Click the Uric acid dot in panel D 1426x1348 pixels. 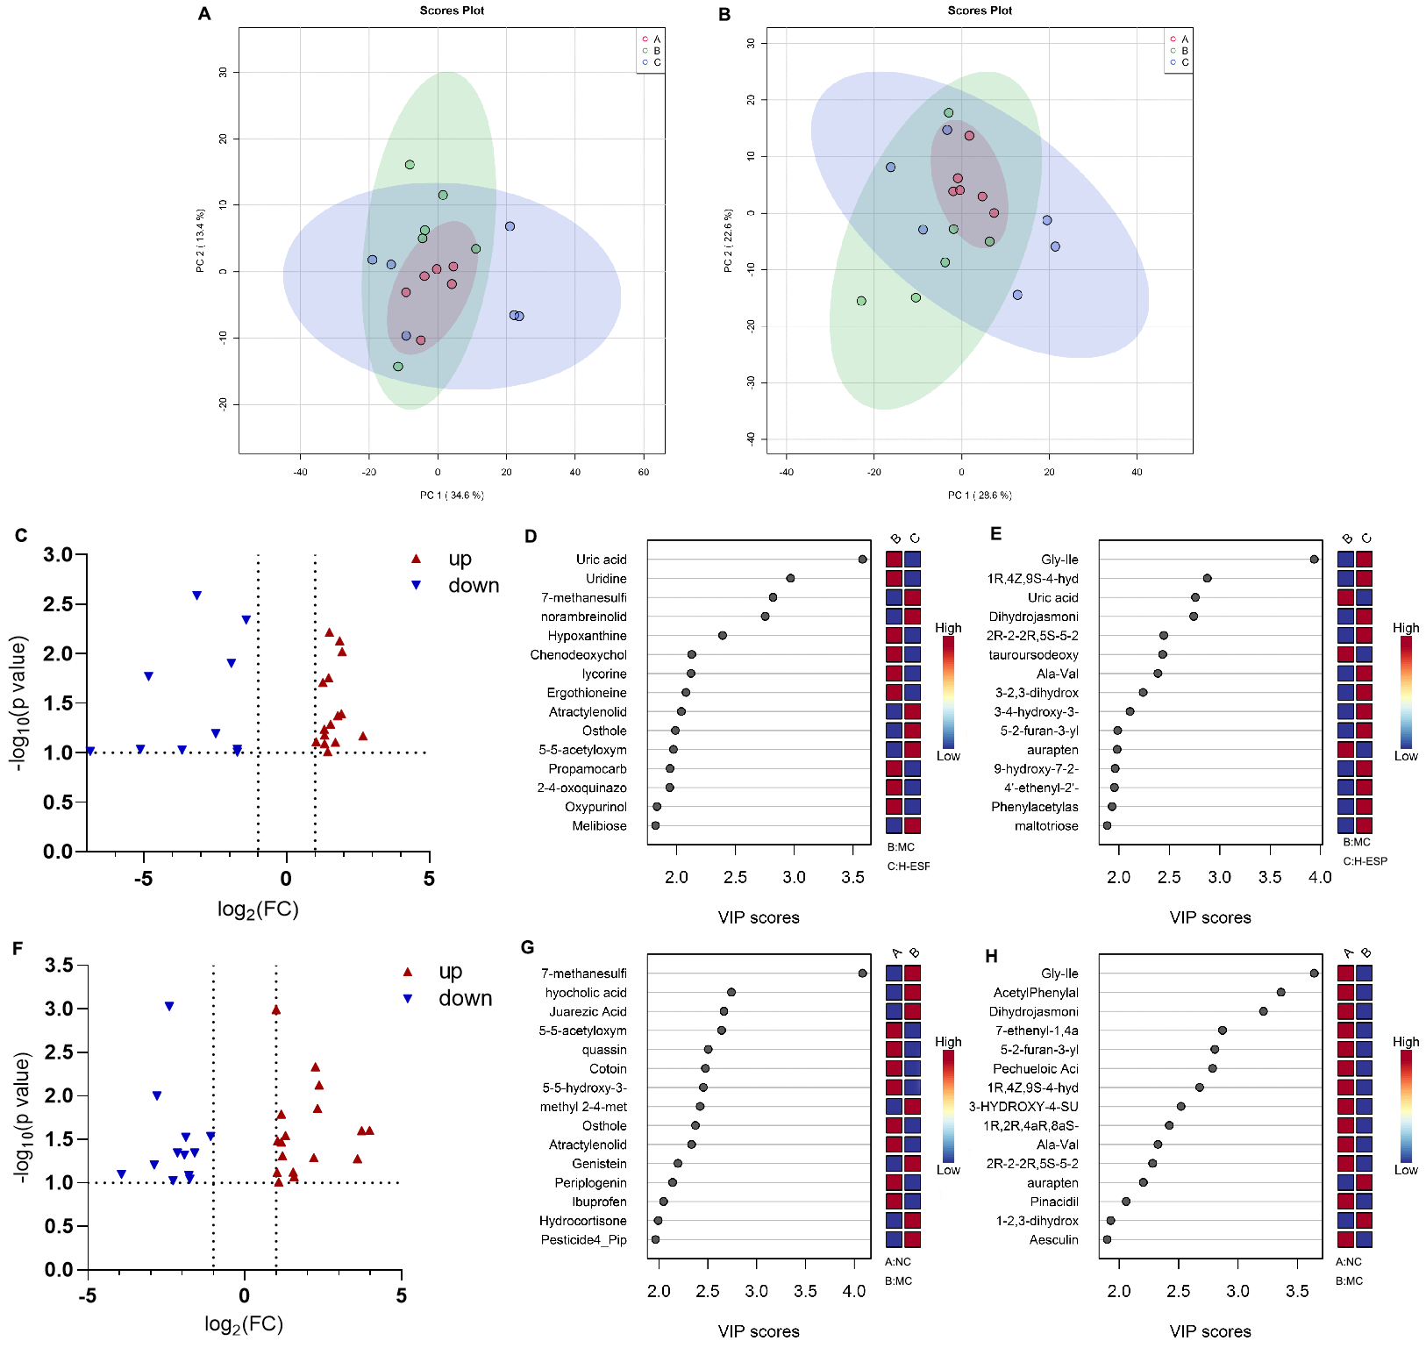tap(863, 560)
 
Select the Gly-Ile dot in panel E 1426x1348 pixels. tap(1314, 560)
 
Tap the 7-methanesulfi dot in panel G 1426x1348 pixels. tap(863, 974)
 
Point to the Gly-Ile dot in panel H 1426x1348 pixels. tap(1314, 974)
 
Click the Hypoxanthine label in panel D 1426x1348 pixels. tap(588, 636)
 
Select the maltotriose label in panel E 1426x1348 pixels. tap(1046, 826)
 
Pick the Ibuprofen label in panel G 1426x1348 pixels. tap(600, 1202)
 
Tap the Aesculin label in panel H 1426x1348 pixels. tap(1054, 1240)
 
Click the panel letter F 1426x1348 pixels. tap(18, 948)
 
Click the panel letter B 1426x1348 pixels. tap(724, 15)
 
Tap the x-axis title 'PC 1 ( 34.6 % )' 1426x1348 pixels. tap(452, 496)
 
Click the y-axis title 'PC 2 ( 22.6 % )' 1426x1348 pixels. tap(728, 241)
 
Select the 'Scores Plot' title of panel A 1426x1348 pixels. tap(452, 11)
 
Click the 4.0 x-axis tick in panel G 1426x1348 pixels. tap(854, 1291)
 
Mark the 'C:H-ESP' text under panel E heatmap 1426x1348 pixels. tap(1365, 861)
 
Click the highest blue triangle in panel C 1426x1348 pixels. tap(197, 596)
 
